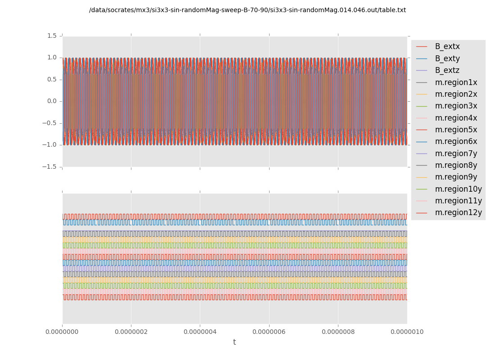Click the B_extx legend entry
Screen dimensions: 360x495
point(447,46)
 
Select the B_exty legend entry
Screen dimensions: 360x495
point(447,58)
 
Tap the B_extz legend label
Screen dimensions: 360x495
point(447,70)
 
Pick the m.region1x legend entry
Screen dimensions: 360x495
point(456,82)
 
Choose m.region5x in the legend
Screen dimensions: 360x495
point(456,130)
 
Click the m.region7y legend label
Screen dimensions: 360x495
point(456,153)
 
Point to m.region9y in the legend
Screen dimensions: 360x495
point(456,177)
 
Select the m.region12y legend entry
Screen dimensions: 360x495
point(458,212)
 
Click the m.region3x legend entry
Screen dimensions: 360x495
point(456,106)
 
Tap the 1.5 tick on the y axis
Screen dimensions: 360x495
point(52,36)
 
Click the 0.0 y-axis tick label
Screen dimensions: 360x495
point(52,101)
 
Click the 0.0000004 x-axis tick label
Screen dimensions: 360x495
point(200,332)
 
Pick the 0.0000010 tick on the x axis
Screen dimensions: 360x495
point(407,332)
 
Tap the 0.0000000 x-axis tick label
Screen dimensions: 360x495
point(62,332)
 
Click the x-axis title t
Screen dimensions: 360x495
point(234,342)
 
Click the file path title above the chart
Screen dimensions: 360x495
point(247,10)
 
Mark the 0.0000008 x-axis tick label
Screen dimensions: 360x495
point(338,332)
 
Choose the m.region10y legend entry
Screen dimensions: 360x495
point(458,189)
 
